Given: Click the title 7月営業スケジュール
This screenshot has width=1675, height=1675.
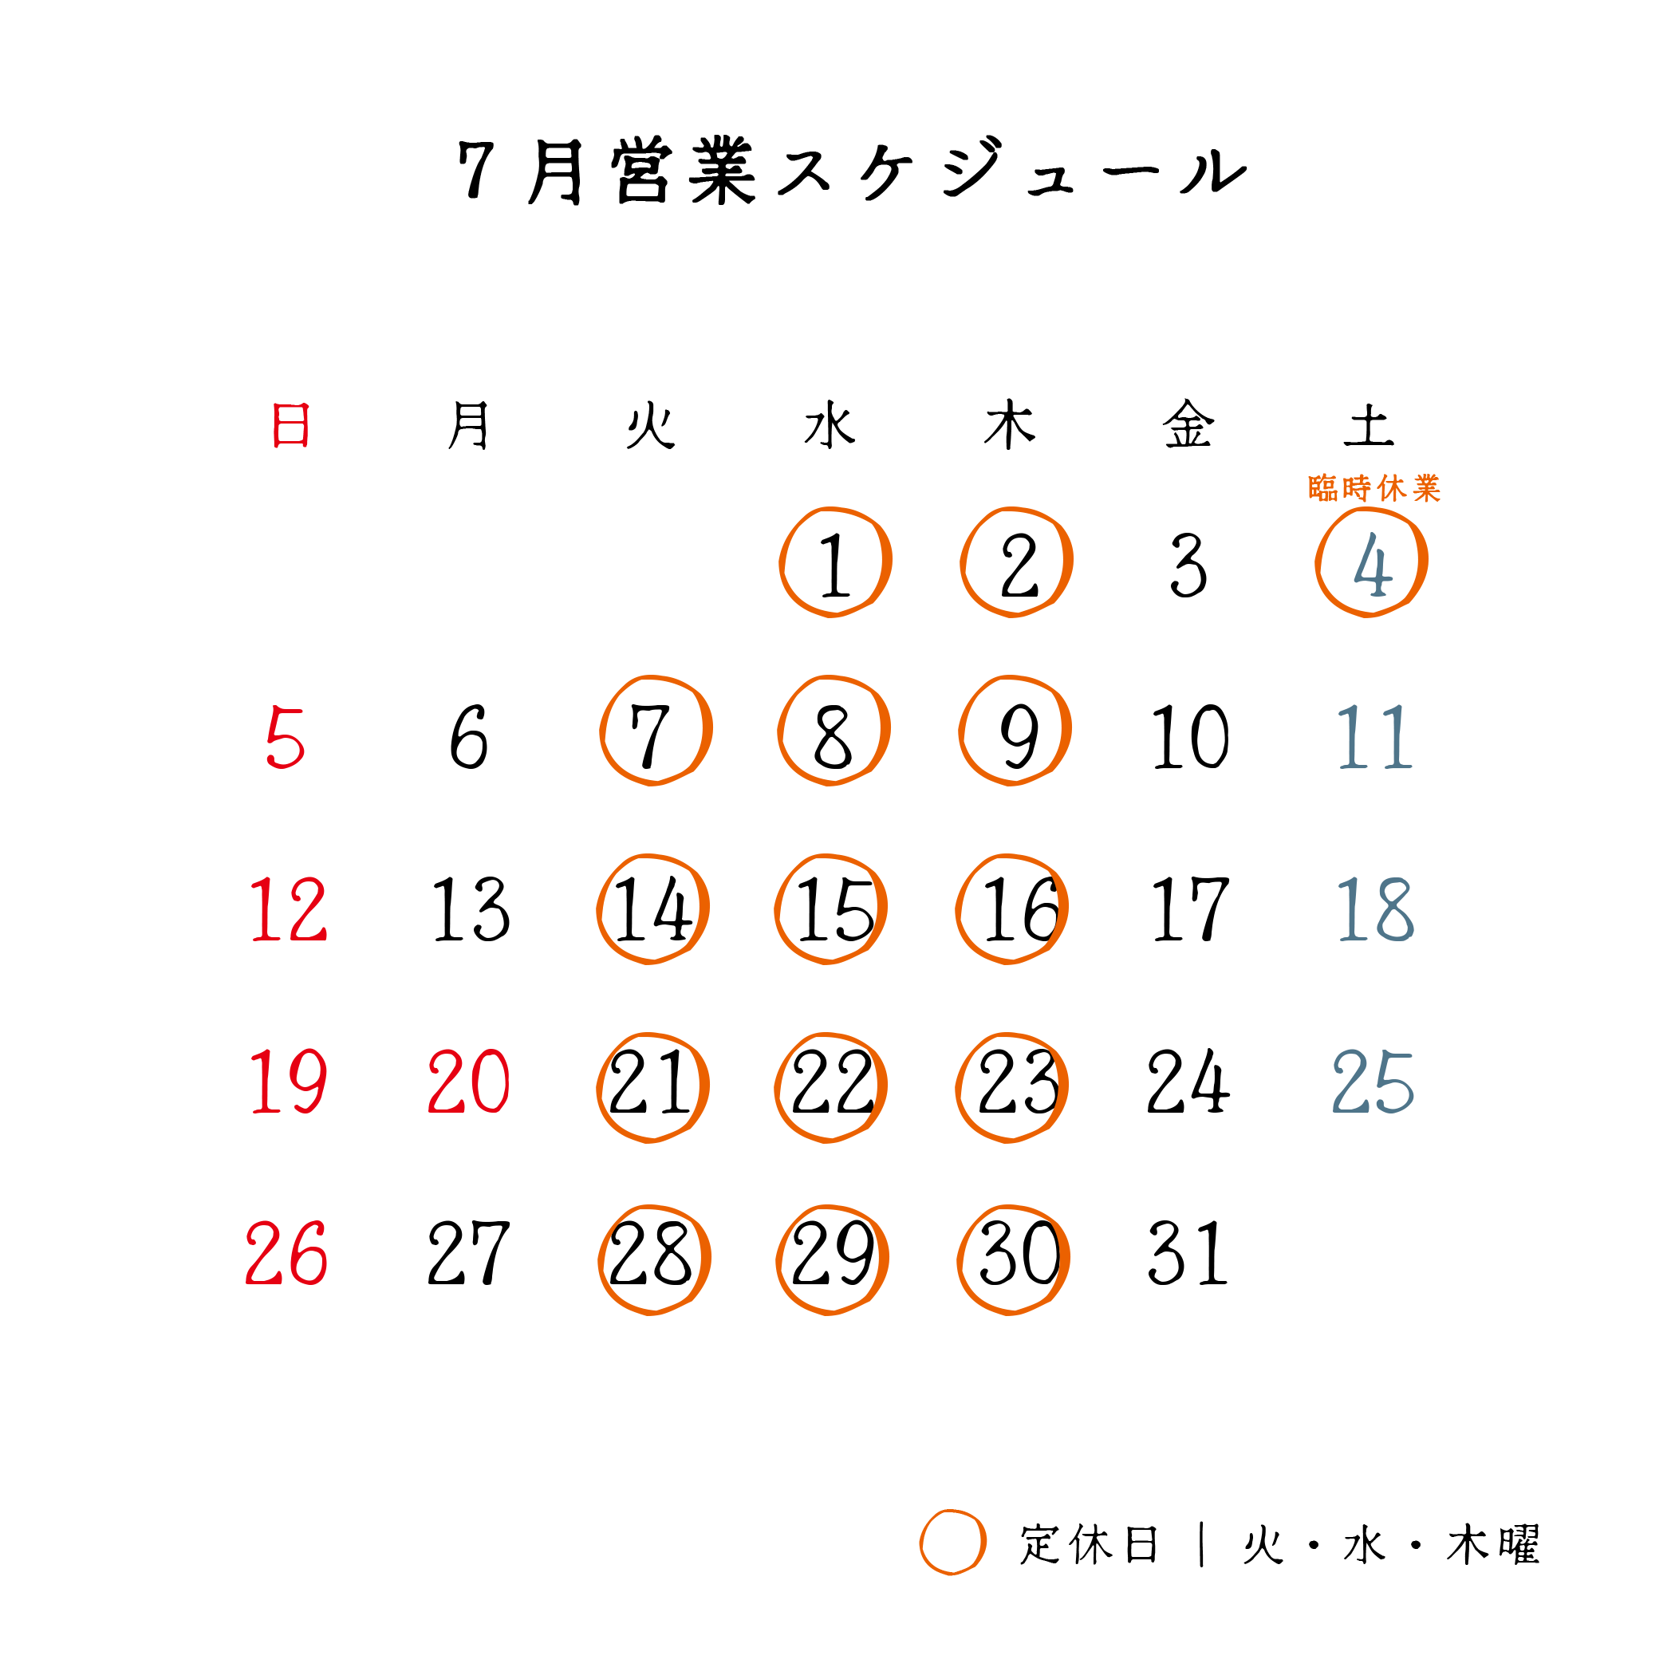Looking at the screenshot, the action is point(852,171).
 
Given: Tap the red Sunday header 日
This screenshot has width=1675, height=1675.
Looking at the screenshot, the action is point(290,425).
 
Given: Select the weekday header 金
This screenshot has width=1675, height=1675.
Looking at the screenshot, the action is point(1188,425).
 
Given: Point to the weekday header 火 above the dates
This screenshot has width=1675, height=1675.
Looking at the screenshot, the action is point(650,425).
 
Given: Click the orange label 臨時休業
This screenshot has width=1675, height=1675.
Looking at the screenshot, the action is point(1374,488).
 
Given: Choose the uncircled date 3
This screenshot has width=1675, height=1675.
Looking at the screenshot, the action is point(1188,566).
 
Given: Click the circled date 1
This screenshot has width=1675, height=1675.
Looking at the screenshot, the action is point(836,562).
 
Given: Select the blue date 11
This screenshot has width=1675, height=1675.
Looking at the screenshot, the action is point(1375,737).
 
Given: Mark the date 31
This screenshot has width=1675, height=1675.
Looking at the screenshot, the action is point(1188,1253).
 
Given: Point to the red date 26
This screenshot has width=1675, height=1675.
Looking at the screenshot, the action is point(286,1253).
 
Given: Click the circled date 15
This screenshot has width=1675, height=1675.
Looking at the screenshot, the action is point(831,908).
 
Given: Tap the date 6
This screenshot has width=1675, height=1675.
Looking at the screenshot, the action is point(469,737).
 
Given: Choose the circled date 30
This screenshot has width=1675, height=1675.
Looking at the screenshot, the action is point(1014,1259).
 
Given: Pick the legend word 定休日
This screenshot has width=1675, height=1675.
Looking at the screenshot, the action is point(1089,1544).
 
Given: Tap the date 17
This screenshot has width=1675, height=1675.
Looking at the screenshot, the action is point(1190,908).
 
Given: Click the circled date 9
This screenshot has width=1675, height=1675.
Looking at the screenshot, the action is point(1015,731).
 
